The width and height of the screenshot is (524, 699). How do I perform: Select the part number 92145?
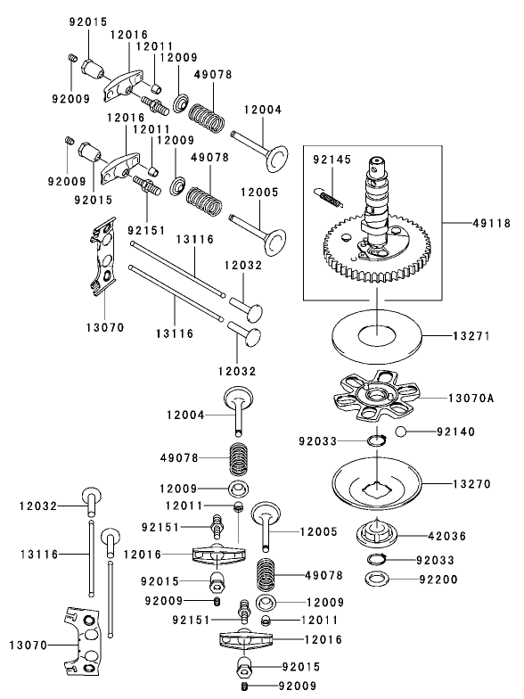[332, 161]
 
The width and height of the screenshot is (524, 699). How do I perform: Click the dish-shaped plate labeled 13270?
[377, 486]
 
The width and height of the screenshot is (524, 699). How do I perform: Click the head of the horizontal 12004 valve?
[277, 156]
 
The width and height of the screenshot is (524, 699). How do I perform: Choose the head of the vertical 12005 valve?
[266, 512]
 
